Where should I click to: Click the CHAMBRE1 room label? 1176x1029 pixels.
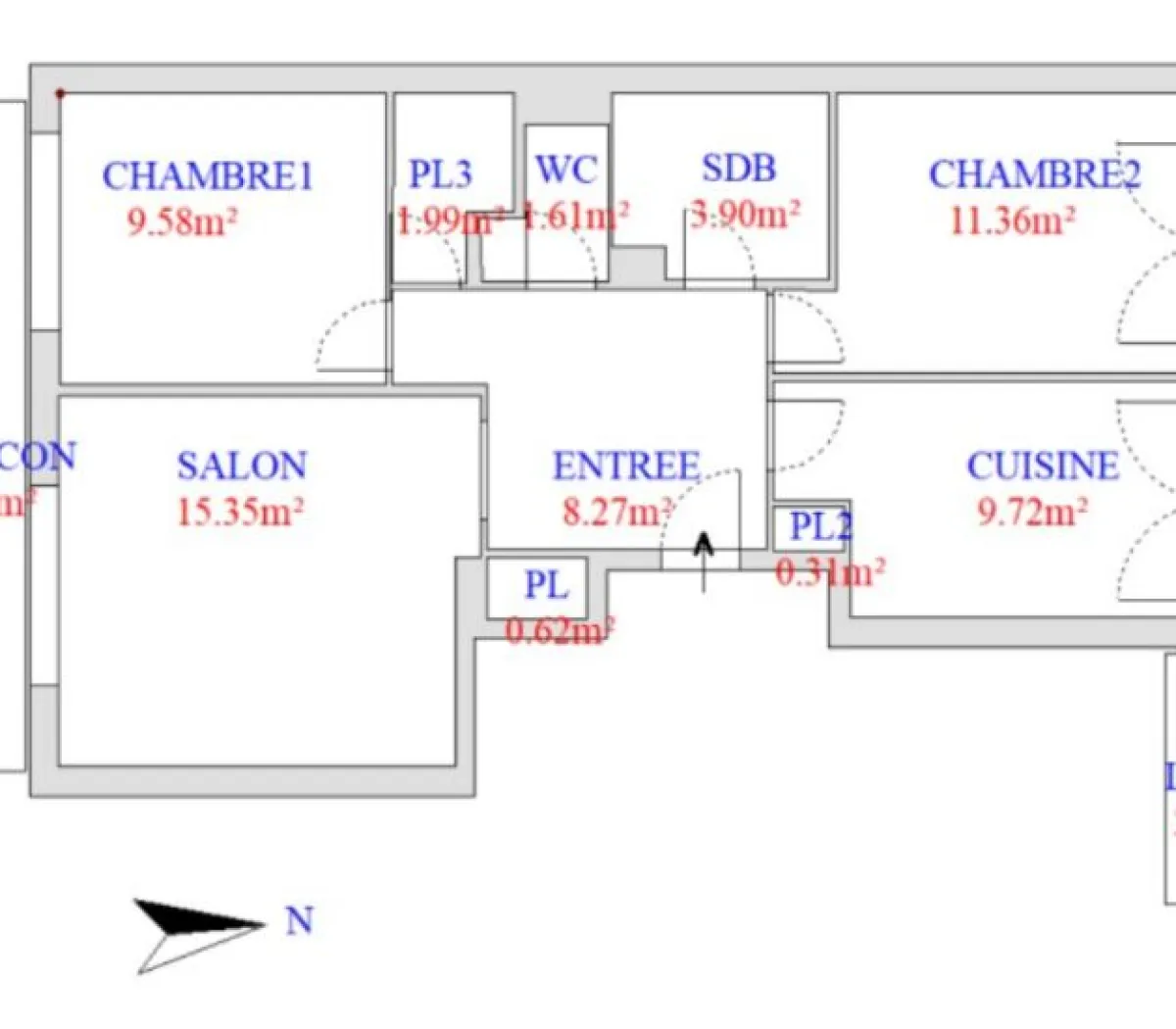[x=208, y=176]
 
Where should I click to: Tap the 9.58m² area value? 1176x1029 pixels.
[x=182, y=222]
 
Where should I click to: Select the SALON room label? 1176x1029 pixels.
[x=242, y=465]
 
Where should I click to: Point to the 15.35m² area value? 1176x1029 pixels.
[x=240, y=512]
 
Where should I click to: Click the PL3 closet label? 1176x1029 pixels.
[x=440, y=174]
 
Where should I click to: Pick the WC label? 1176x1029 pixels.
[x=566, y=171]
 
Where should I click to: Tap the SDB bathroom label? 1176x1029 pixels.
[x=739, y=169]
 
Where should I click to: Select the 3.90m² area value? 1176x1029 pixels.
[x=745, y=213]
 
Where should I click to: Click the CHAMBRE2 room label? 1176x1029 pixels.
[x=1035, y=174]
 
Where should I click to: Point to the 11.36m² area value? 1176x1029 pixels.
[x=1012, y=220]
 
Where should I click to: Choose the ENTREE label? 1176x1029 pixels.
[x=627, y=465]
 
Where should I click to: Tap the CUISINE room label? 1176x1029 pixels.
[x=1043, y=466]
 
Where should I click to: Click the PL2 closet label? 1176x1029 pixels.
[x=821, y=527]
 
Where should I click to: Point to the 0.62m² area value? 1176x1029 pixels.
[x=560, y=630]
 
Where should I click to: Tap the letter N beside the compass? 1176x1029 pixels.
[x=300, y=921]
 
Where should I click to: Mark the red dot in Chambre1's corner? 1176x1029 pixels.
[x=61, y=94]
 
